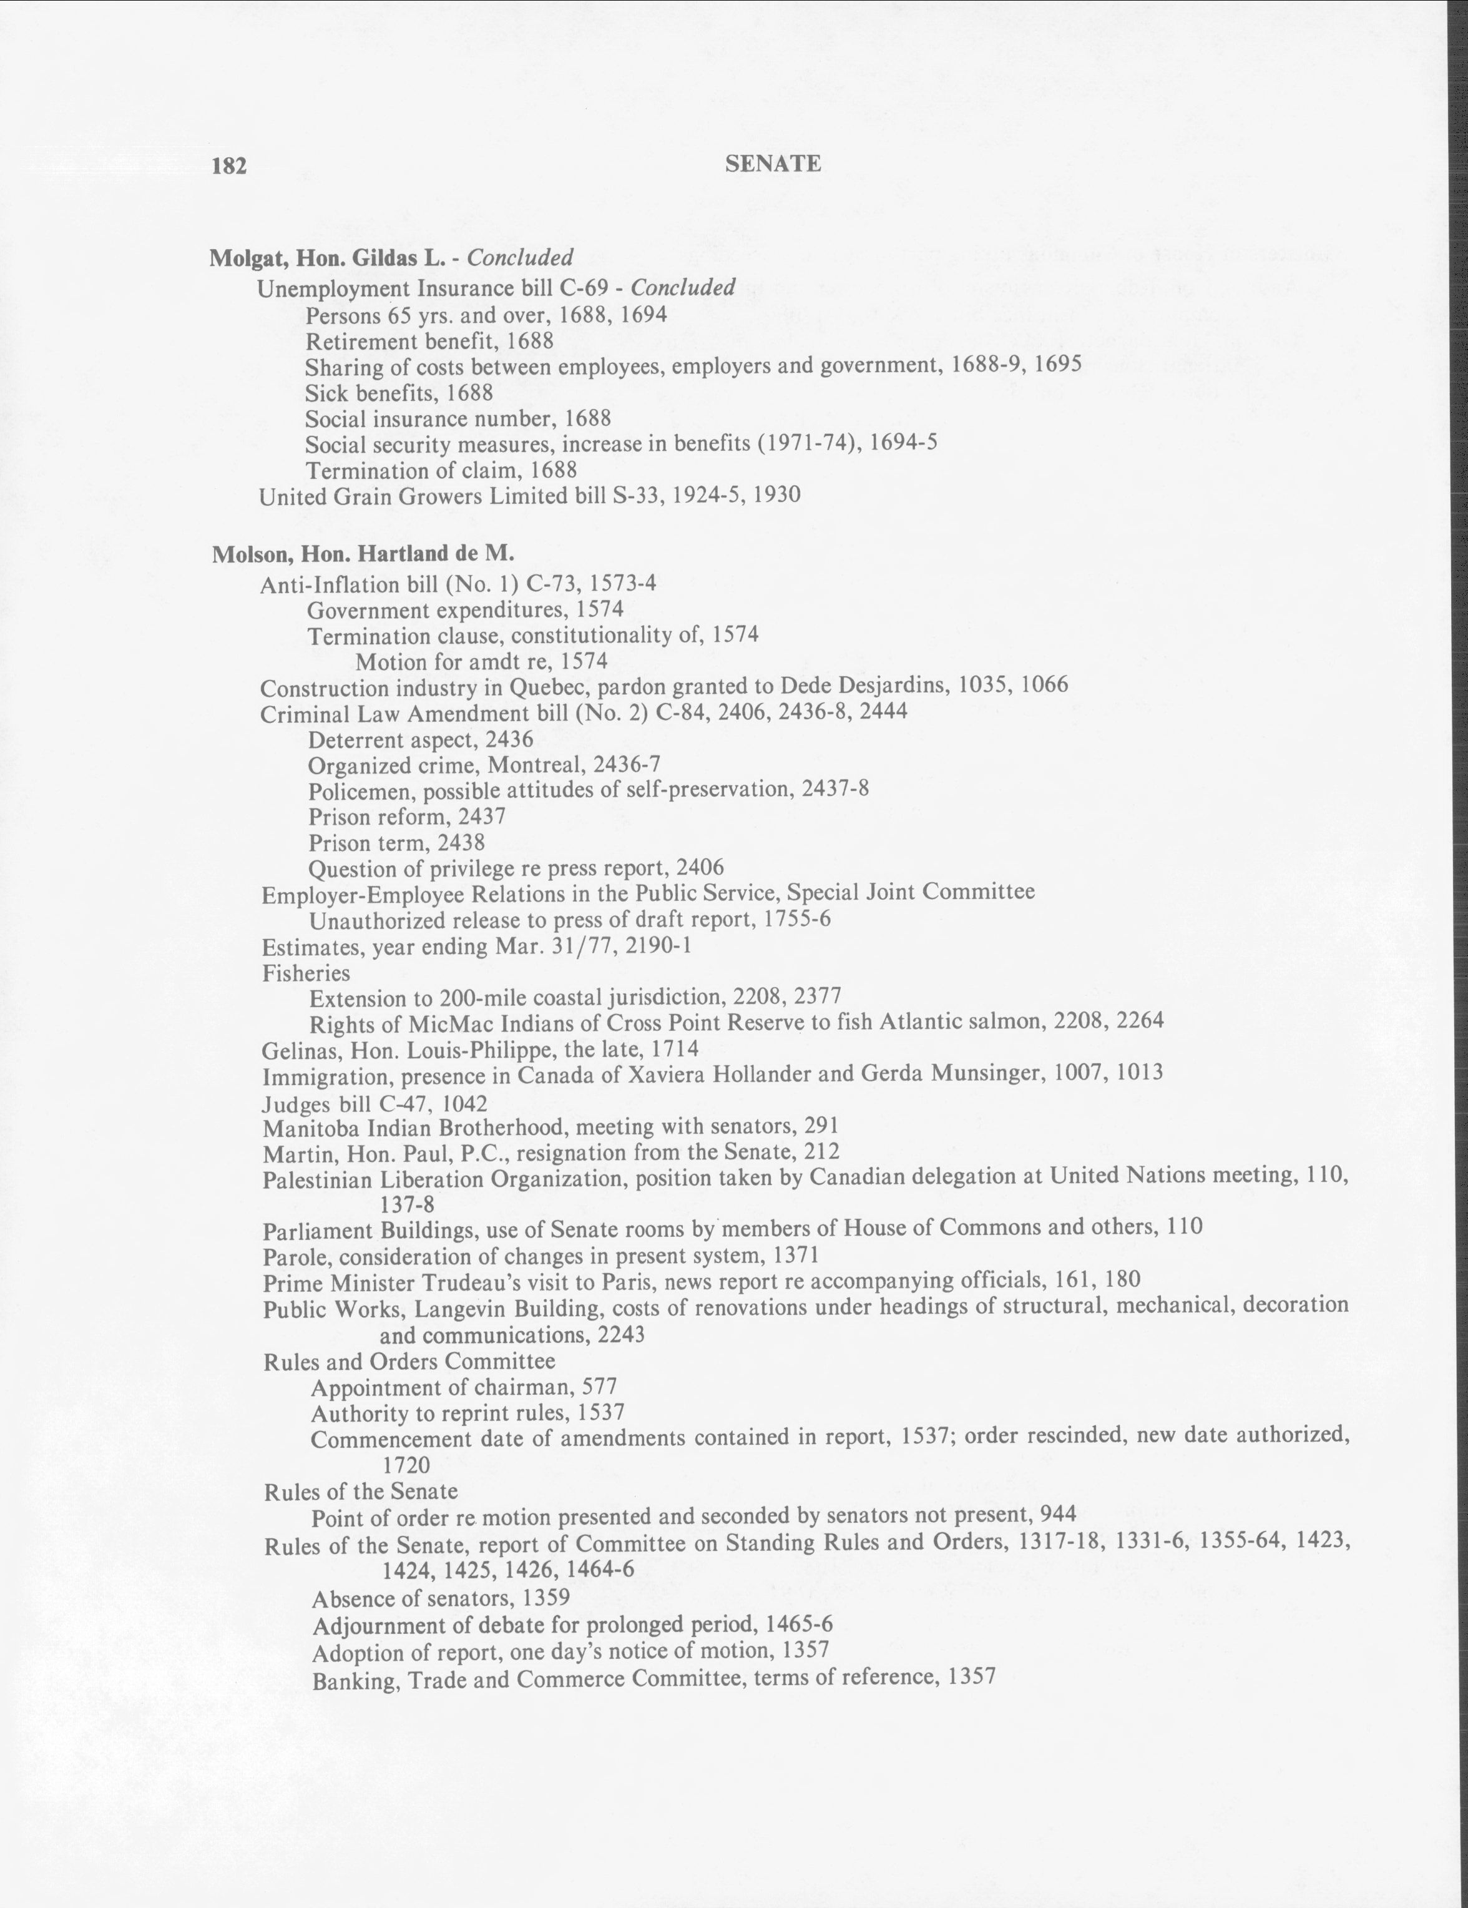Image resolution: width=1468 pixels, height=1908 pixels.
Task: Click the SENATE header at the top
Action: (x=773, y=164)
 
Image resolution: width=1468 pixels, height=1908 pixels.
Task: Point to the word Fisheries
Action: (x=306, y=973)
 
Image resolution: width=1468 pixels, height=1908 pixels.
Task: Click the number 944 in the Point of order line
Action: (x=1057, y=1514)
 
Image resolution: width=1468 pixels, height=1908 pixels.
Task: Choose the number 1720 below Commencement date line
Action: (x=406, y=1464)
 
